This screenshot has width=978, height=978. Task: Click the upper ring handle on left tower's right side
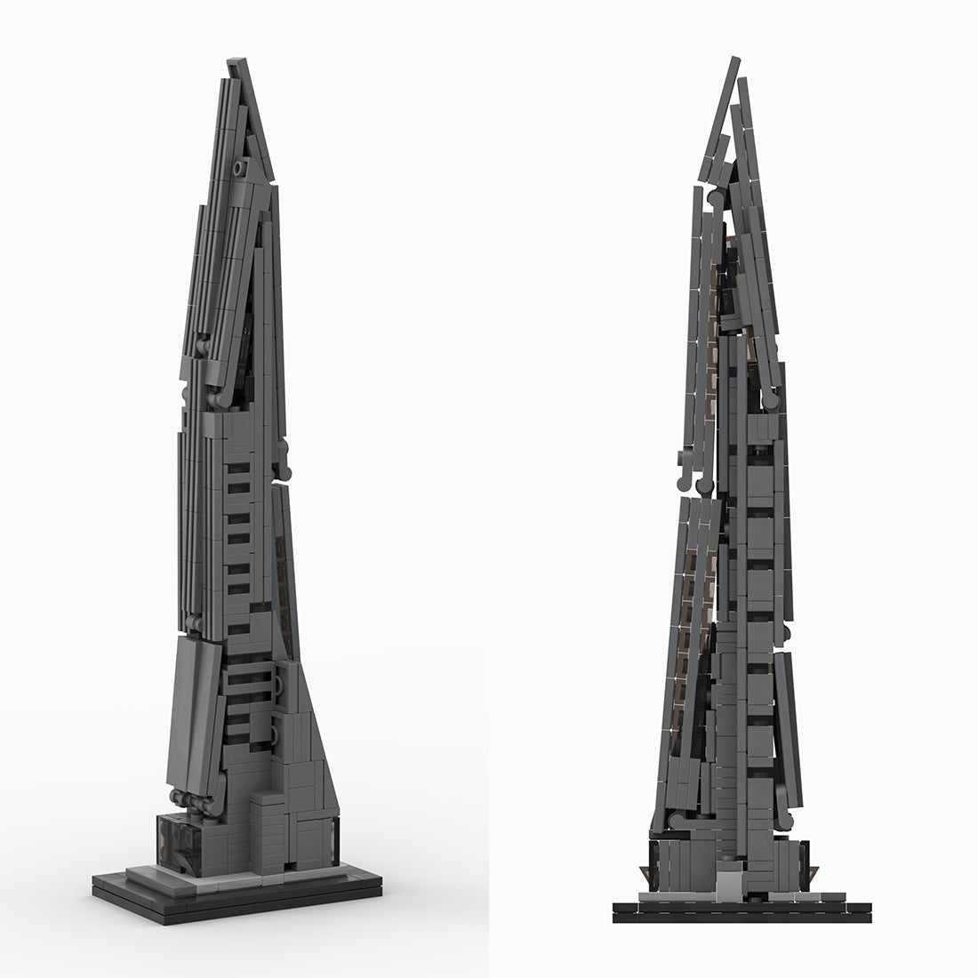tap(283, 685)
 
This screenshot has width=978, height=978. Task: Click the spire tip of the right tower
tap(736, 60)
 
